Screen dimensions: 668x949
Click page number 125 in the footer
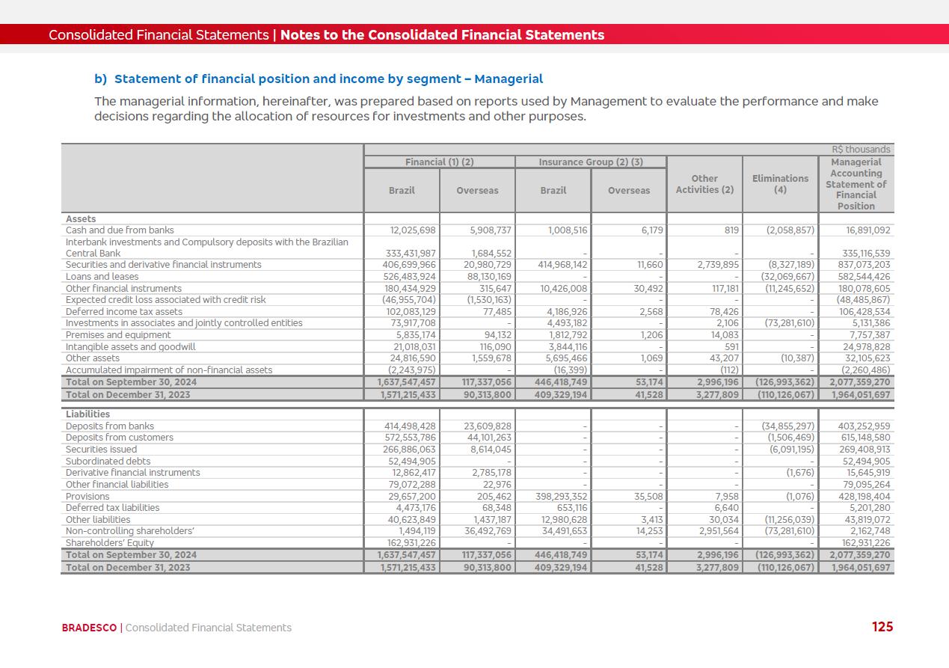(x=882, y=627)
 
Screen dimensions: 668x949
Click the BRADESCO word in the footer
(x=89, y=628)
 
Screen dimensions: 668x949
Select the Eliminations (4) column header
(x=780, y=184)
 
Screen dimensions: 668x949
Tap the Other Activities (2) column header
(x=704, y=184)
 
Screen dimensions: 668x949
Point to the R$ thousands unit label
(x=861, y=150)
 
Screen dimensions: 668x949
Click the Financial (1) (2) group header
(x=439, y=162)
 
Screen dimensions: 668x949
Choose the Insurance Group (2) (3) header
(x=591, y=162)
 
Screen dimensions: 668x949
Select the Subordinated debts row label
(x=108, y=462)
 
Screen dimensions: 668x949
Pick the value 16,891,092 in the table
(x=864, y=230)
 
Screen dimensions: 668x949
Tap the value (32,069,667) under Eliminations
(x=790, y=277)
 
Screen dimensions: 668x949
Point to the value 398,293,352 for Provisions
(x=562, y=497)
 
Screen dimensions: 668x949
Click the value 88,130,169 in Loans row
(x=485, y=277)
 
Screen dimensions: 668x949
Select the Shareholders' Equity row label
(x=109, y=543)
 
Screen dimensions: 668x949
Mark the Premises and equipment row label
(x=111, y=335)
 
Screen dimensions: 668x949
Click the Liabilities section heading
(x=87, y=414)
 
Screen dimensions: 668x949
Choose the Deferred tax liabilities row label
(x=112, y=508)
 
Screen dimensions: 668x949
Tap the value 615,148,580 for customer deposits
(x=864, y=438)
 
